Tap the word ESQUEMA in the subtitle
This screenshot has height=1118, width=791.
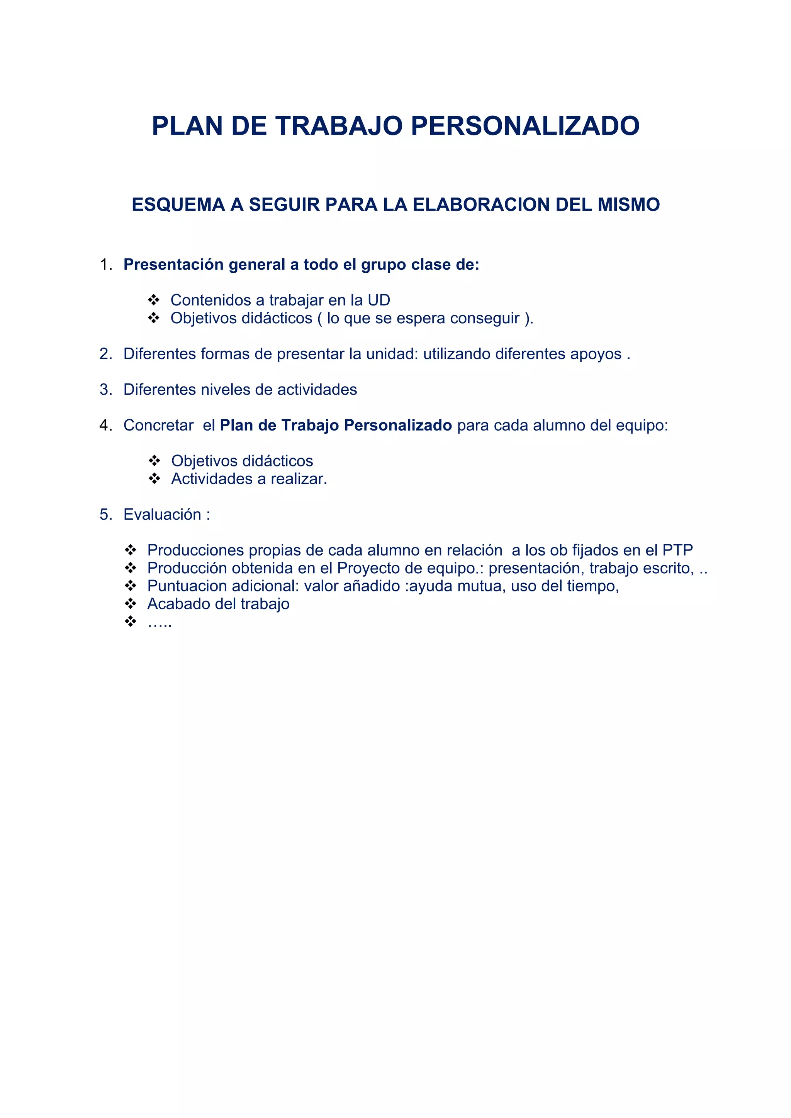[178, 204]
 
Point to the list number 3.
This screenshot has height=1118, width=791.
[105, 390]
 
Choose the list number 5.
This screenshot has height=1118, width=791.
[105, 515]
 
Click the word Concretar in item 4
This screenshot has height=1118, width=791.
[158, 426]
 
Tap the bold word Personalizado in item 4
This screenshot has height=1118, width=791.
[398, 426]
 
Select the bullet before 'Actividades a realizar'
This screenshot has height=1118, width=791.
[154, 479]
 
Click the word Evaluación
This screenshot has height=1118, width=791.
[162, 515]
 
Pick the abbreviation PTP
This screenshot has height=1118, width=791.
[677, 550]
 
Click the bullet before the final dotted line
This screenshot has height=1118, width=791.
[130, 622]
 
